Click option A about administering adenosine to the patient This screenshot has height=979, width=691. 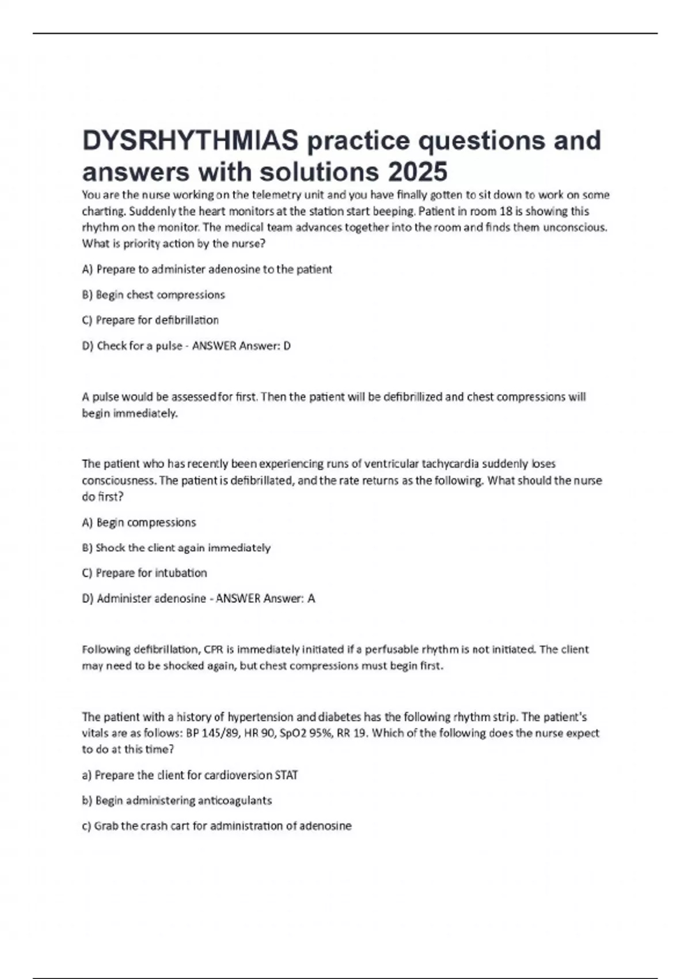207,270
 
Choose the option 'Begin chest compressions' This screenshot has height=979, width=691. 154,295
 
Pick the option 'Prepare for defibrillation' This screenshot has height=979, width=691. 150,320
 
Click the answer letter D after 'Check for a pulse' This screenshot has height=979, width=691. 287,346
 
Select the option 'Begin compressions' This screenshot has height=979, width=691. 139,522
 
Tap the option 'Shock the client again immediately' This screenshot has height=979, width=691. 176,548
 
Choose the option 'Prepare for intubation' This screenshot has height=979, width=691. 145,573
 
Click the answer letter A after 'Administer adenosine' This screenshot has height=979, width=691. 311,599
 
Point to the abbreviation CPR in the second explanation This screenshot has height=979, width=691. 213,650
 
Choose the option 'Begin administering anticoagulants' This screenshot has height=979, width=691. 177,800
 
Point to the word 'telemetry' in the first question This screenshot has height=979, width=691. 274,195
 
